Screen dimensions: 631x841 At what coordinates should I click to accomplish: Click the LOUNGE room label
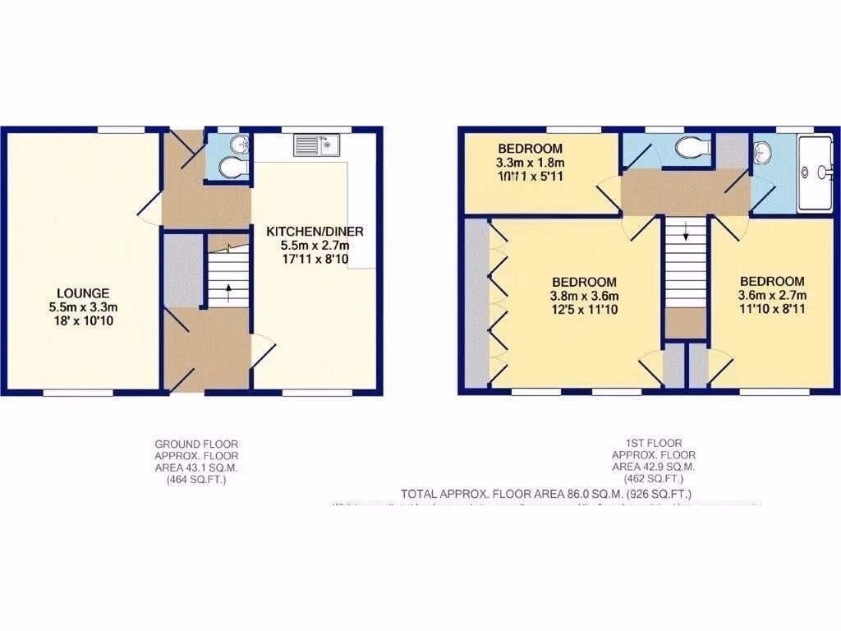(x=83, y=292)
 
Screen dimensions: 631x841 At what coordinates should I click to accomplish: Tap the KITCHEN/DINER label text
(x=314, y=232)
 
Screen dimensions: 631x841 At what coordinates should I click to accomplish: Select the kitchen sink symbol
(x=315, y=146)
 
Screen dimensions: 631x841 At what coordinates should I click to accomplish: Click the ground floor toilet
(x=234, y=168)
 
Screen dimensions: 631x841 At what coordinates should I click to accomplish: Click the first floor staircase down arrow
(x=685, y=235)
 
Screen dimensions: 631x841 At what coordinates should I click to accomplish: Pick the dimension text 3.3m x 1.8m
(x=531, y=162)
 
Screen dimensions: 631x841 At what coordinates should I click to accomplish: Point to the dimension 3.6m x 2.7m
(x=772, y=296)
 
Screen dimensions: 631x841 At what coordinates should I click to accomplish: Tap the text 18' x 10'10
(x=83, y=321)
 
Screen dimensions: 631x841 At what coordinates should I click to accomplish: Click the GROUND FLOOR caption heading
(x=196, y=444)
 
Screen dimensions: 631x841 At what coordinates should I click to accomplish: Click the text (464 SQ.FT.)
(x=196, y=479)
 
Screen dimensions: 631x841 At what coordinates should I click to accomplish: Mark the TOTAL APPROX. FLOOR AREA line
(x=546, y=494)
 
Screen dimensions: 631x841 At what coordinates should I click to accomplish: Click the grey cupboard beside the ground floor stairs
(x=181, y=269)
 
